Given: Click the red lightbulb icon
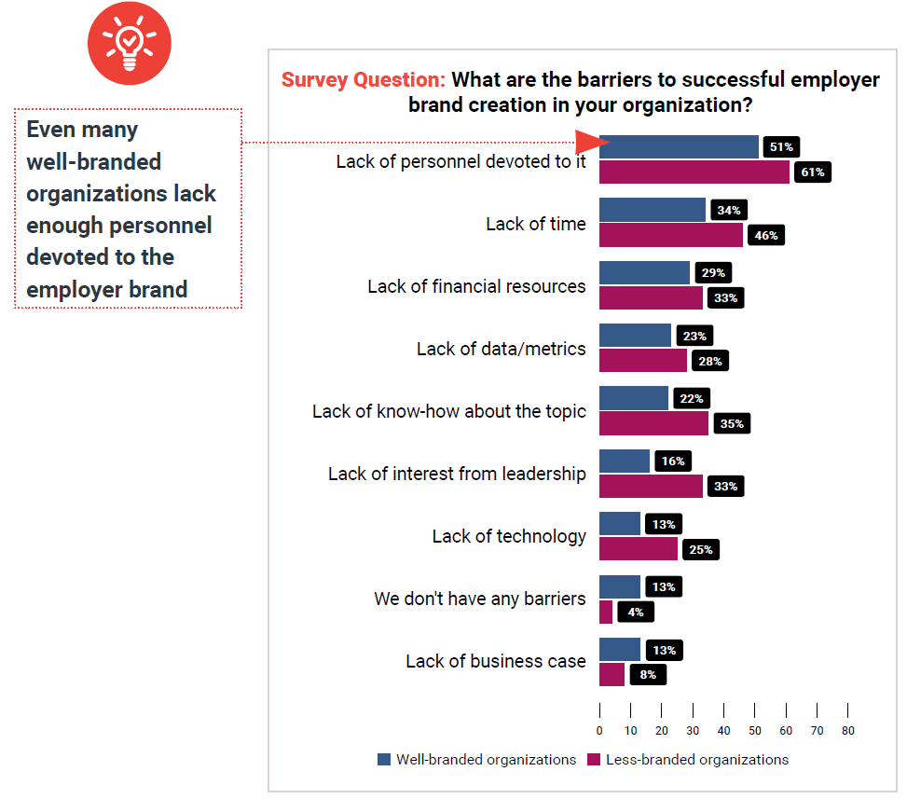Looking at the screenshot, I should [130, 43].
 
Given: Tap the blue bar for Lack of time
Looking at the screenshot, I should [652, 210].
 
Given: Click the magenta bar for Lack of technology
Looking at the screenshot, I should [638, 549].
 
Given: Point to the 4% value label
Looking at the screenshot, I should [635, 613].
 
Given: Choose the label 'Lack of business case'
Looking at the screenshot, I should [496, 661].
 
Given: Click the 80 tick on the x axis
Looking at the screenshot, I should [847, 730].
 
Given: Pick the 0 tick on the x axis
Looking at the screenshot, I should [599, 730].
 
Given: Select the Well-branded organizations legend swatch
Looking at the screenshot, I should [384, 759].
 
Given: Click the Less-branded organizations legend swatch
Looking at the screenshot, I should [594, 759].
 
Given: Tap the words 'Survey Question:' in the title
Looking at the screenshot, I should [363, 79].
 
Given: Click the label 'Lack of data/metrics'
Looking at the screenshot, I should [502, 349].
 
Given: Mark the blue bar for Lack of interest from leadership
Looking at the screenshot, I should [624, 461].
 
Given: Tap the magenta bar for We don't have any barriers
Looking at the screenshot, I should [606, 613].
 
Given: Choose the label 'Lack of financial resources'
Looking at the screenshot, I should [476, 286].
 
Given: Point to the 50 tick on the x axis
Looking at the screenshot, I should [755, 730].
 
